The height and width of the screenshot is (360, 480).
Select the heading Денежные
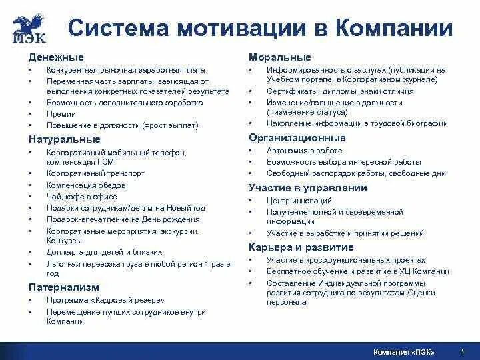(55, 57)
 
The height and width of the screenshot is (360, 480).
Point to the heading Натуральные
(65, 139)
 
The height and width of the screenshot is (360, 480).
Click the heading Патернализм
(63, 287)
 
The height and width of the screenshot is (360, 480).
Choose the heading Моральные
(279, 57)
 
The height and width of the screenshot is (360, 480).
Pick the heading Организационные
(297, 138)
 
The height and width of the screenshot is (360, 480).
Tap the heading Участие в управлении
(308, 188)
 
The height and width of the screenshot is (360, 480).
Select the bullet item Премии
(61, 114)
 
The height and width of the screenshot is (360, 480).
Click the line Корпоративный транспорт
(95, 173)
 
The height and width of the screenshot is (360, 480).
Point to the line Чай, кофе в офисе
(81, 197)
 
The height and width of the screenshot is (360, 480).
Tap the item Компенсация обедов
(87, 185)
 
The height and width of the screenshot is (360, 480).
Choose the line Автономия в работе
(304, 151)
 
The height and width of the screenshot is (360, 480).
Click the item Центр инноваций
(299, 201)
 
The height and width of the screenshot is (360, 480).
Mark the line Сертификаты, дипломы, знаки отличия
(340, 91)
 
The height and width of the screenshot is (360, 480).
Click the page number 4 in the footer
(462, 351)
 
